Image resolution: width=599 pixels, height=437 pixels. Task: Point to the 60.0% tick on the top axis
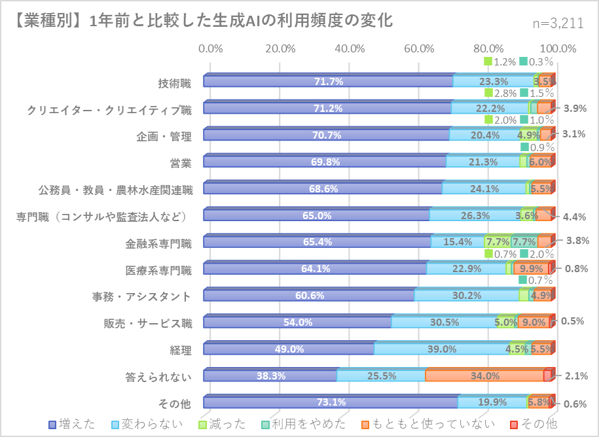(x=419, y=48)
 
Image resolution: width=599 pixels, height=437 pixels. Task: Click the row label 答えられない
(x=158, y=377)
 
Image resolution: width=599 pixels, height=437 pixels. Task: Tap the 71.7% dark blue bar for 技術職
(x=328, y=82)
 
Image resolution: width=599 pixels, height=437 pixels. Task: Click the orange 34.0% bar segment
(x=484, y=376)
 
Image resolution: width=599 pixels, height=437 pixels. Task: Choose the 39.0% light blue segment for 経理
(x=441, y=349)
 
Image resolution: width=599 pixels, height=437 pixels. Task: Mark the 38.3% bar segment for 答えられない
(x=270, y=376)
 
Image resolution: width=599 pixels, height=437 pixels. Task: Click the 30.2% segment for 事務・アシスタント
(x=467, y=296)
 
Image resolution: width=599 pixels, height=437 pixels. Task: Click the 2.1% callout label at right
(x=576, y=376)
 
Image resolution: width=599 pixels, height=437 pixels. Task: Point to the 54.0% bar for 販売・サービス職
(x=298, y=323)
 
